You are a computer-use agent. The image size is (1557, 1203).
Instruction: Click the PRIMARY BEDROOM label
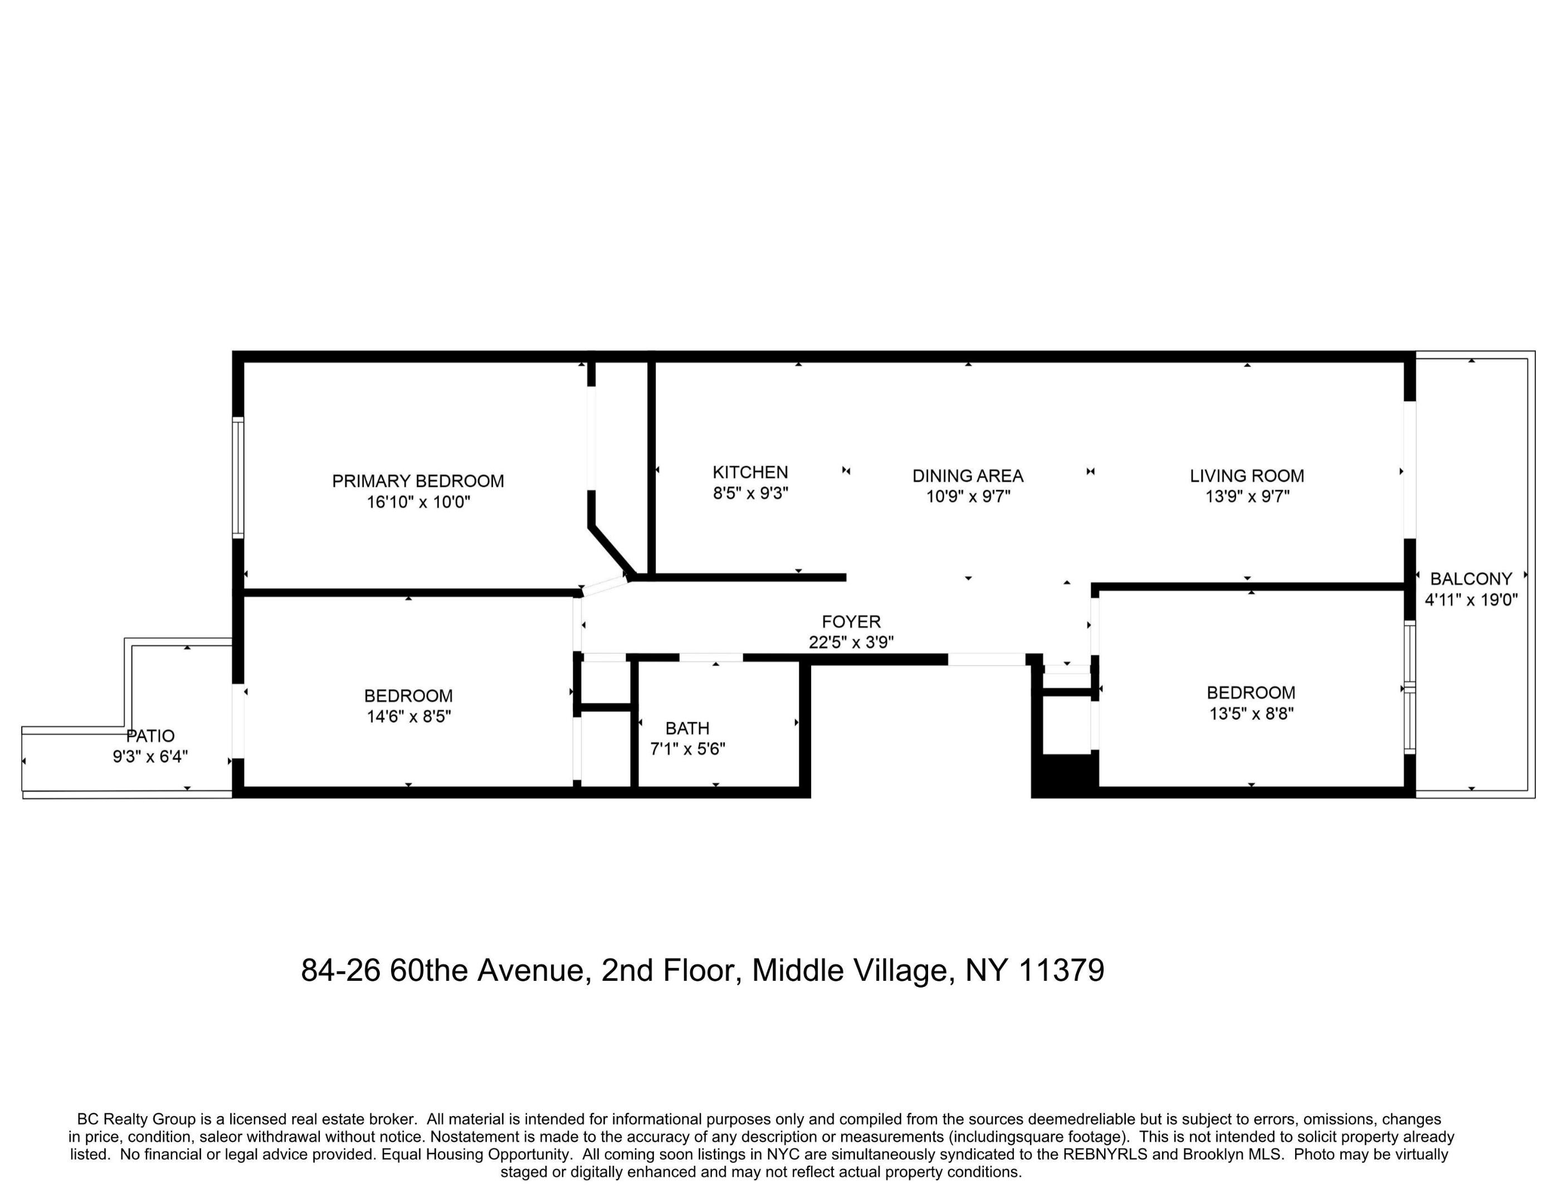(x=418, y=481)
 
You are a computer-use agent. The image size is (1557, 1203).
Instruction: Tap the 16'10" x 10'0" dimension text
(x=418, y=502)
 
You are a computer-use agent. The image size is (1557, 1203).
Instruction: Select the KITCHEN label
(x=750, y=472)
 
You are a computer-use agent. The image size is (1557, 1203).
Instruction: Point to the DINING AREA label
(x=968, y=476)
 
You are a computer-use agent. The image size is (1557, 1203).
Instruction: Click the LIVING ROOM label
(x=1246, y=476)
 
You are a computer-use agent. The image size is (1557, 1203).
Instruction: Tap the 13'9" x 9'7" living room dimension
(x=1247, y=496)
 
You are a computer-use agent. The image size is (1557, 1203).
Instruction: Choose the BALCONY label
(x=1471, y=579)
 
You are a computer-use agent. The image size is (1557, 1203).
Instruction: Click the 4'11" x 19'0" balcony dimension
(x=1471, y=599)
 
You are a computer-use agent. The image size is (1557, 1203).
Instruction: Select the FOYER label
(x=851, y=622)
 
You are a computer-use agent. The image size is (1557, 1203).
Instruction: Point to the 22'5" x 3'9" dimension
(x=851, y=642)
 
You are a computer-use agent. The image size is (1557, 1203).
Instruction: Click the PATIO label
(x=150, y=736)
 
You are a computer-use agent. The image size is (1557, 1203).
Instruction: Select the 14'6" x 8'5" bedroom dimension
(x=408, y=716)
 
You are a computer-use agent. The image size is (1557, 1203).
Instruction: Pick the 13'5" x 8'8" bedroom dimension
(x=1251, y=713)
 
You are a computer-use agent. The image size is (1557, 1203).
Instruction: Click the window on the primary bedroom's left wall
(x=238, y=477)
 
